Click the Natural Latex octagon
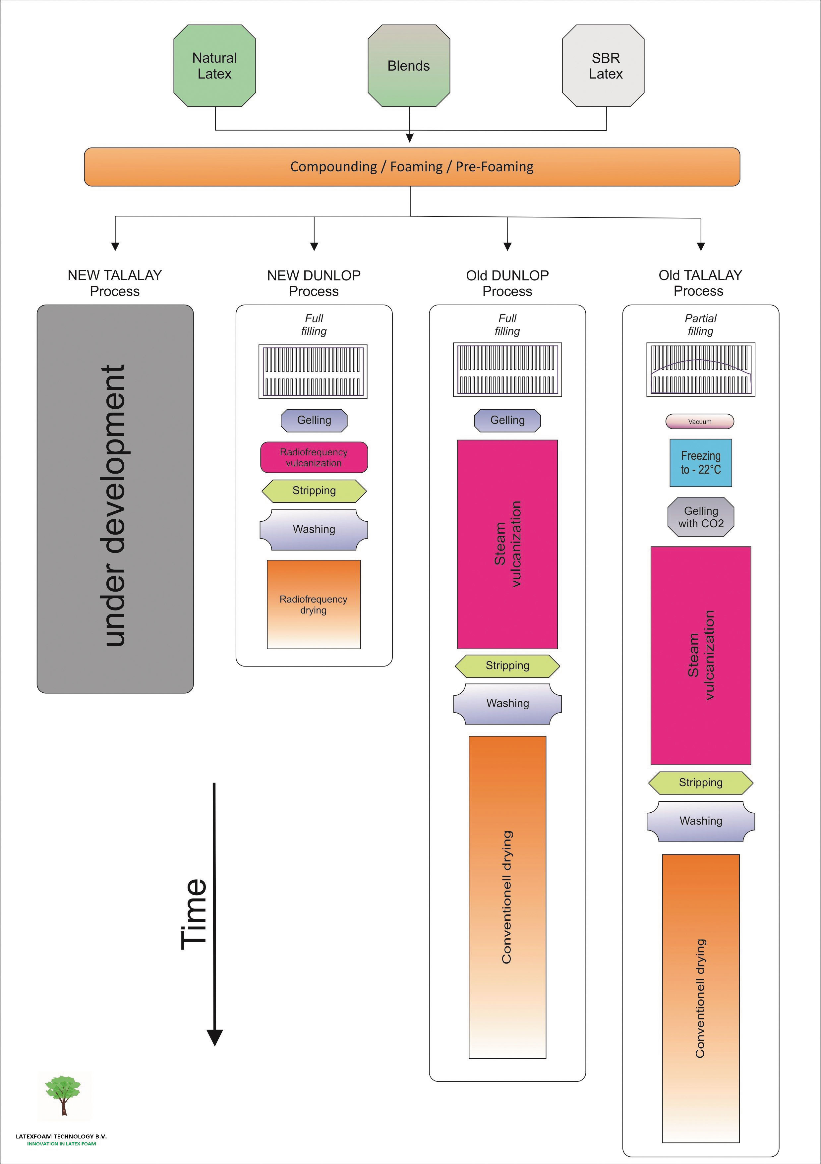tap(214, 66)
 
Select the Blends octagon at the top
tap(409, 66)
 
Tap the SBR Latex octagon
tap(603, 66)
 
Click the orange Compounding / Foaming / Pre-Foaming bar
tap(412, 167)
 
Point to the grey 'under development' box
tap(115, 499)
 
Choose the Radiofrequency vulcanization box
tap(314, 457)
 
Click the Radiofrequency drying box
tap(314, 604)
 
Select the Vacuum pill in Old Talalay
tap(700, 421)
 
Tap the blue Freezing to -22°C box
tap(701, 463)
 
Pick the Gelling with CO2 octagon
tap(701, 517)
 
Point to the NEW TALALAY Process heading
tap(115, 283)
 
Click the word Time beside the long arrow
tap(194, 914)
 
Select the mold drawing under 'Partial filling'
tap(701, 370)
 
